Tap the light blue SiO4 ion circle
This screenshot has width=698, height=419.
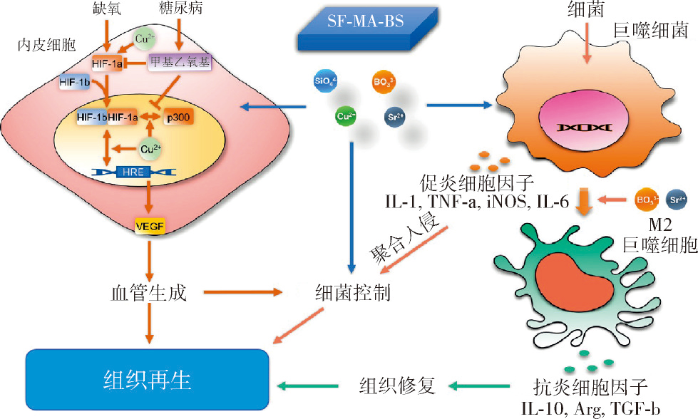coord(322,82)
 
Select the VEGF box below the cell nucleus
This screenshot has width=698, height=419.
coord(149,227)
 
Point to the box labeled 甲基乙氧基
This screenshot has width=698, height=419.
coord(180,63)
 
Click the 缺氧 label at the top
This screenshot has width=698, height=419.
coord(108,10)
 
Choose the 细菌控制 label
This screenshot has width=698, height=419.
coord(353,292)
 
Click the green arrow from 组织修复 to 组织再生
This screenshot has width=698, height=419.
coord(307,386)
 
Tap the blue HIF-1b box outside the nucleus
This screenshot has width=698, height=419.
coord(75,83)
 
